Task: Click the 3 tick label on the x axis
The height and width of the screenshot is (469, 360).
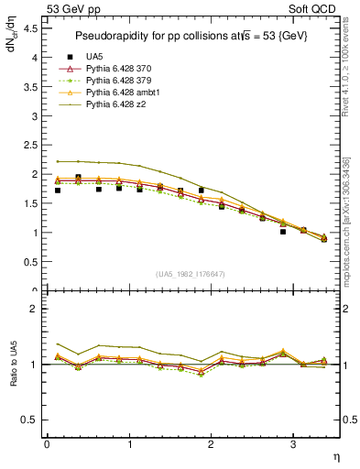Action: pos(292,444)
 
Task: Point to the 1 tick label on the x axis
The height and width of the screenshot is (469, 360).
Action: pos(128,444)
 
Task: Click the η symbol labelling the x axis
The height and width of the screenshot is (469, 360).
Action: pos(335,455)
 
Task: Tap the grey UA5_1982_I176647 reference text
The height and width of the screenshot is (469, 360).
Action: pos(192,274)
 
